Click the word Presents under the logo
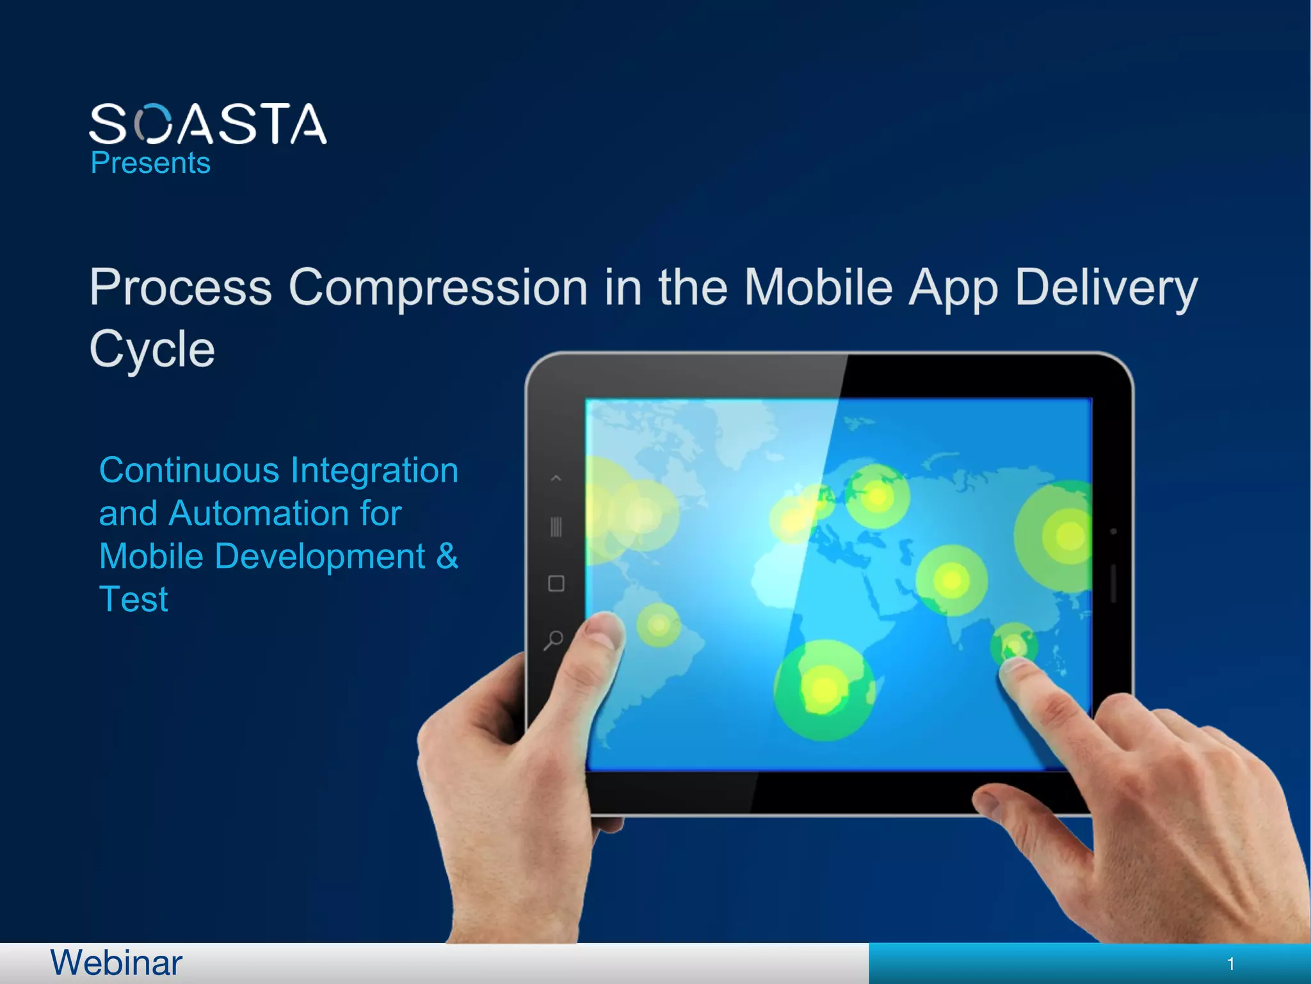(x=150, y=163)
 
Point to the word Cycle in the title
(x=152, y=350)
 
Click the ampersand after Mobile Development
(x=447, y=555)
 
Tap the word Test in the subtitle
(x=133, y=600)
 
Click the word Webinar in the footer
(x=116, y=963)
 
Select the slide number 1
(x=1230, y=963)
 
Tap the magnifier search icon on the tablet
(x=554, y=639)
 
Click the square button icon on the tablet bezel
(x=556, y=584)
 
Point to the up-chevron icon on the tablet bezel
(x=556, y=478)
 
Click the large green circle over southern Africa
(x=824, y=690)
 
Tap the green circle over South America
(x=659, y=625)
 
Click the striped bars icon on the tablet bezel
(x=556, y=527)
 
